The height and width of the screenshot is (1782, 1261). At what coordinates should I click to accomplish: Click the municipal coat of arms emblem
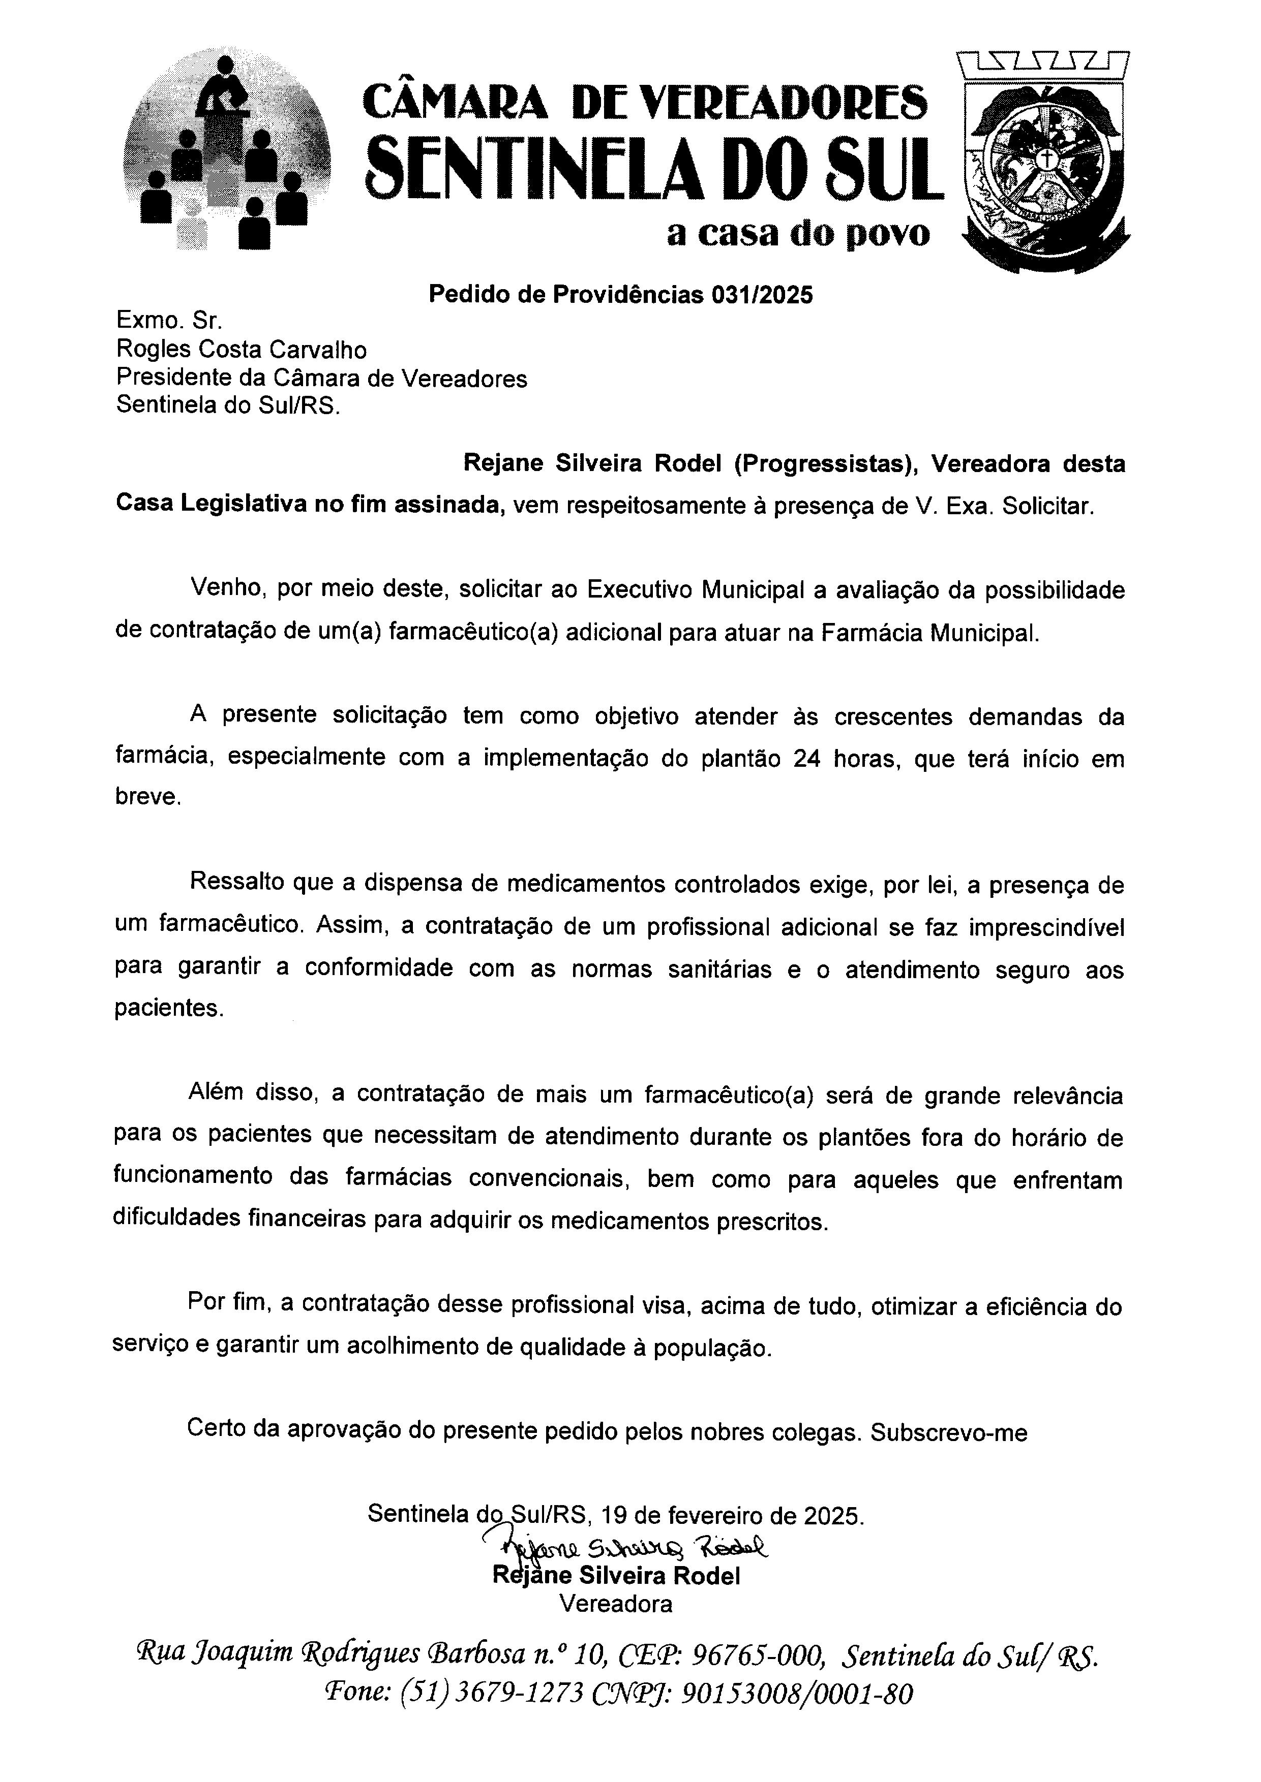point(1045,159)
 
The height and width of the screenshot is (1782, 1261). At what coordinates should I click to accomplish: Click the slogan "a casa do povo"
point(797,234)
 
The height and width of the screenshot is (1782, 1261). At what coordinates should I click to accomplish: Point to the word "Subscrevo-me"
point(948,1432)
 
